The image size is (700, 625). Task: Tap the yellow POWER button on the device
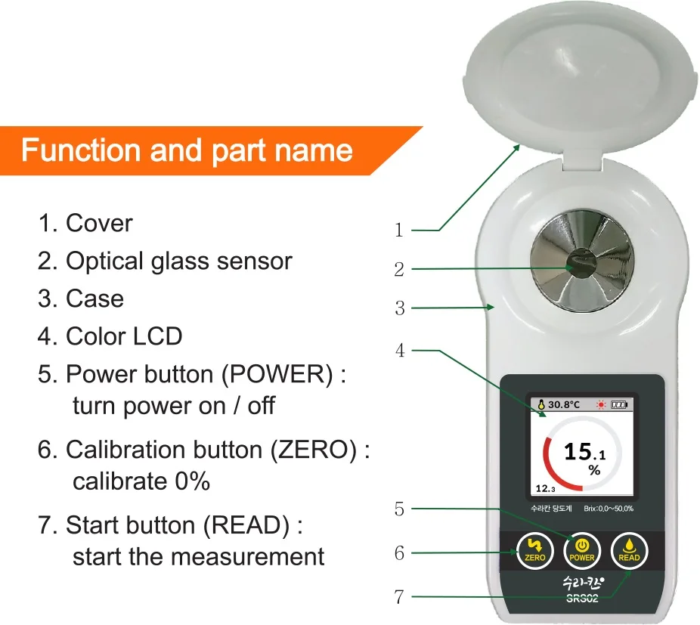(x=581, y=549)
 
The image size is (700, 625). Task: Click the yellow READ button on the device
(x=629, y=549)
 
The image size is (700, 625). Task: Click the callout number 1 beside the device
(x=399, y=231)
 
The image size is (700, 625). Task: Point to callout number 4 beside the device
(x=399, y=351)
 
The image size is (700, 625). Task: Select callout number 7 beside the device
(x=399, y=597)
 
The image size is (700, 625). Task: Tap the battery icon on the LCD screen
(x=619, y=404)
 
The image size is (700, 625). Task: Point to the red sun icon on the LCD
(x=602, y=404)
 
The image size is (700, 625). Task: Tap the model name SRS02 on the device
(x=582, y=600)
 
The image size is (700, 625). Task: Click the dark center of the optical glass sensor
(x=581, y=264)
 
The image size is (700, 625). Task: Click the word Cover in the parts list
(x=99, y=223)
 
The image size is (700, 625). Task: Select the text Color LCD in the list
(x=124, y=336)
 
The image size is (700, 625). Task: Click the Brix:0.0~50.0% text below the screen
(x=609, y=509)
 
